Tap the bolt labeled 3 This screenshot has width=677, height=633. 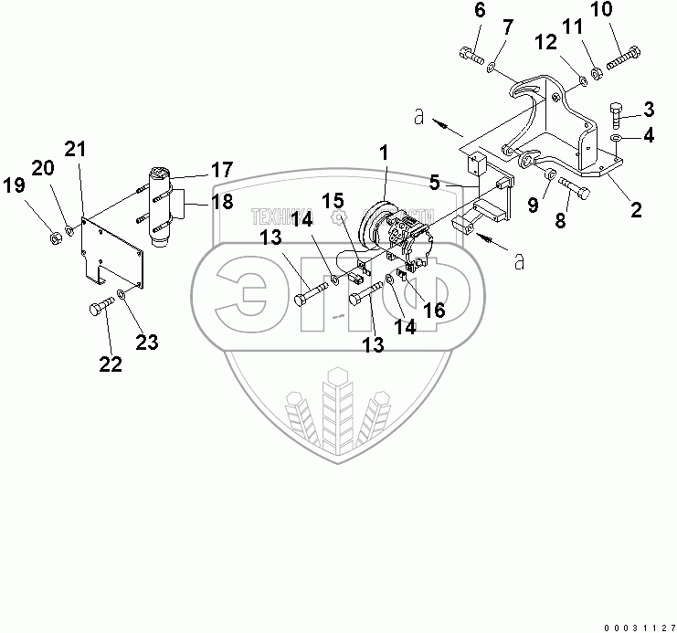615,114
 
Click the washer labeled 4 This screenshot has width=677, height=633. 617,138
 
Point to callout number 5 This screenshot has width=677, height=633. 437,182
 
